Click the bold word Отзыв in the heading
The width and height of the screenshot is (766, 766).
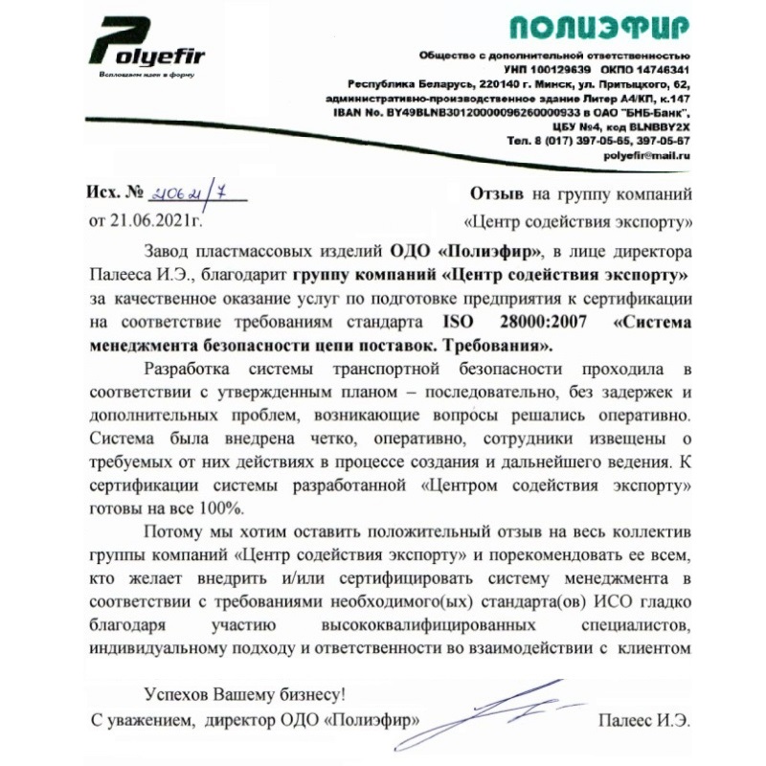click(x=498, y=195)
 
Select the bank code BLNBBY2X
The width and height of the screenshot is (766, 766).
click(x=656, y=125)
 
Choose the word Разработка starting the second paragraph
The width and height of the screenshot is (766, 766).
click(x=186, y=369)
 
